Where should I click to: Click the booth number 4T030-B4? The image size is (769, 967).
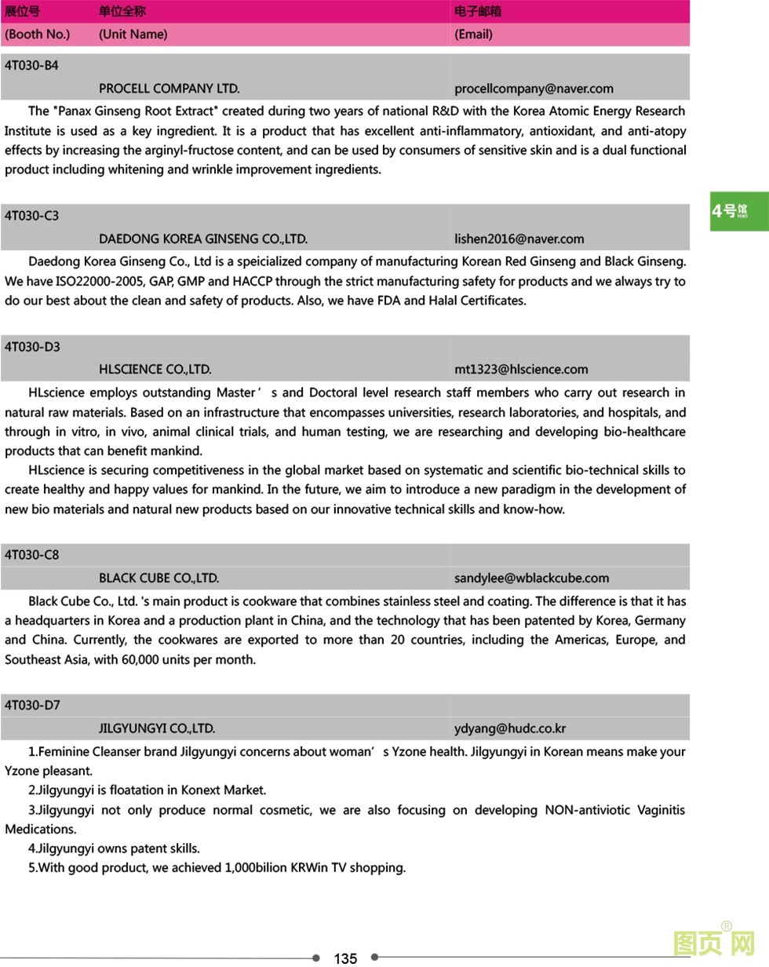pos(31,66)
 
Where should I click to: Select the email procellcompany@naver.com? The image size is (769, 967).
pos(534,89)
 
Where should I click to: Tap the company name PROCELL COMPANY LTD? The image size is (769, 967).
pos(169,89)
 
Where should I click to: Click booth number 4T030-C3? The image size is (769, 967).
pos(31,216)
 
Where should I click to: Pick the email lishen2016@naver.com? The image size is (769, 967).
pos(519,239)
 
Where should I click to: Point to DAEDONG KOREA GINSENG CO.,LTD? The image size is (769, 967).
pos(202,239)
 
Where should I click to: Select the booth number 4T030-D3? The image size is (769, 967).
pos(32,347)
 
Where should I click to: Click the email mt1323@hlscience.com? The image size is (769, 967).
pos(521,369)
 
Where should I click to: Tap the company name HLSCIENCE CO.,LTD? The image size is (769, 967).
pos(155,369)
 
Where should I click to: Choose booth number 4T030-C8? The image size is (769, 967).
pos(31,555)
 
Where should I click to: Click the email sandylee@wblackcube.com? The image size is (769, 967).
pos(531,578)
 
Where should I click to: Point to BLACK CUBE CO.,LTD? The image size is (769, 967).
pos(159,578)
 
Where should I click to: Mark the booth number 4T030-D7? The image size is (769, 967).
pos(32,705)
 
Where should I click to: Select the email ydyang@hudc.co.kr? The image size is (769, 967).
pos(510,728)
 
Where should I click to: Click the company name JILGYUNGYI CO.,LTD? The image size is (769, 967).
pos(156,728)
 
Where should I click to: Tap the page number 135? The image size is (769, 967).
pos(345,958)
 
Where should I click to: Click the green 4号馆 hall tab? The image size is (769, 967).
pos(738,211)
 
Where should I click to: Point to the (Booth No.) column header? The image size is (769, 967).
pos(37,35)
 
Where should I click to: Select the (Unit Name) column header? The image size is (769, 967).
pos(133,35)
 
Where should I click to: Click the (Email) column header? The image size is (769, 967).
pos(473,35)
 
